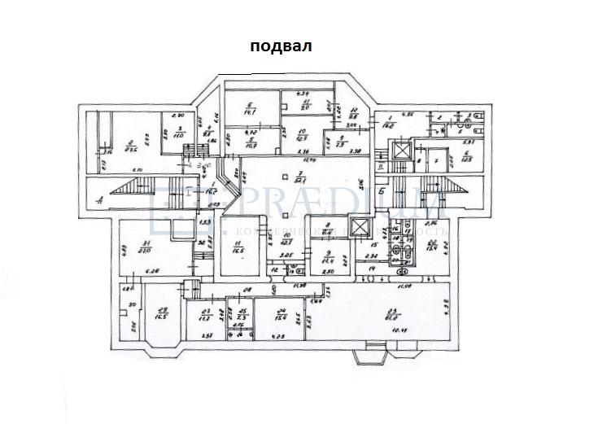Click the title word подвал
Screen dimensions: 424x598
coord(281,47)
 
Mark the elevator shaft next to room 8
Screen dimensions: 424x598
coord(358,227)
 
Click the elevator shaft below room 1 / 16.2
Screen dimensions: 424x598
coord(400,151)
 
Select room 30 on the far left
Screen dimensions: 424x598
coord(129,313)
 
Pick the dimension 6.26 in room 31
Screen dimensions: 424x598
coord(152,271)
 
